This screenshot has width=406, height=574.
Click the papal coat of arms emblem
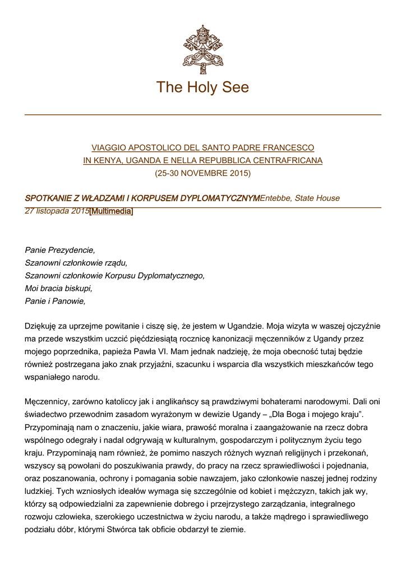202,49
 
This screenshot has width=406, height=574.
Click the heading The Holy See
202,87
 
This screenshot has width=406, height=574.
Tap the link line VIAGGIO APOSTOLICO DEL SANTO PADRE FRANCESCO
202,147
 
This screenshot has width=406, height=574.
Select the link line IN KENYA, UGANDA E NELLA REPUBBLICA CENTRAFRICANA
202,160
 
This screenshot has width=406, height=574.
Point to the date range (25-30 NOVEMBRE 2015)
202,173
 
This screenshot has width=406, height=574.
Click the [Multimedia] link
112,211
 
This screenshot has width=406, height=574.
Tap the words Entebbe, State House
300,198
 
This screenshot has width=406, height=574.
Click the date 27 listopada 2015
57,211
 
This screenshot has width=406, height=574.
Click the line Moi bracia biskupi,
58,289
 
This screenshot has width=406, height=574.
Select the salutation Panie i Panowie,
55,302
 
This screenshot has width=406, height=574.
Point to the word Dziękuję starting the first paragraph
43,326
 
